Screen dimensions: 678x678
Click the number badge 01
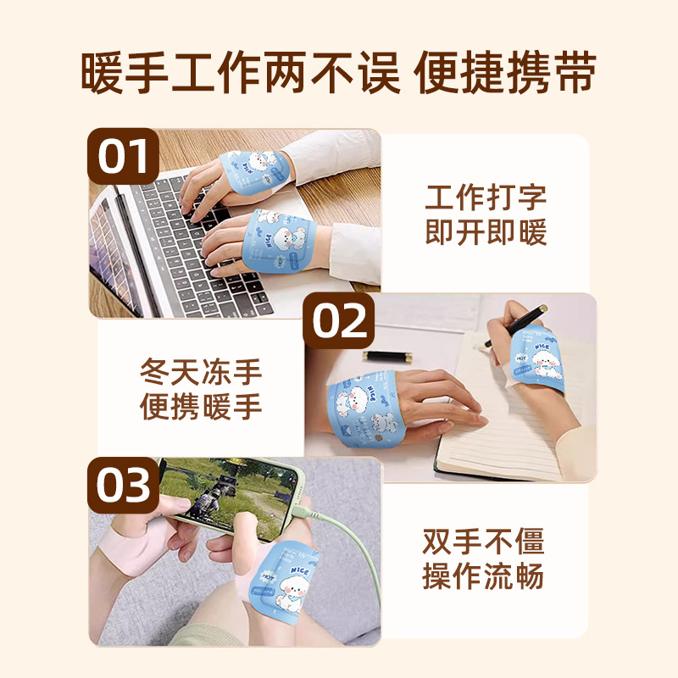pos(124,158)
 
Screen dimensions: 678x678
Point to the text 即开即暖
pos(486,233)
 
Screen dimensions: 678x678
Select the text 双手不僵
pos(484,542)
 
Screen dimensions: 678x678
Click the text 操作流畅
pos(484,577)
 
